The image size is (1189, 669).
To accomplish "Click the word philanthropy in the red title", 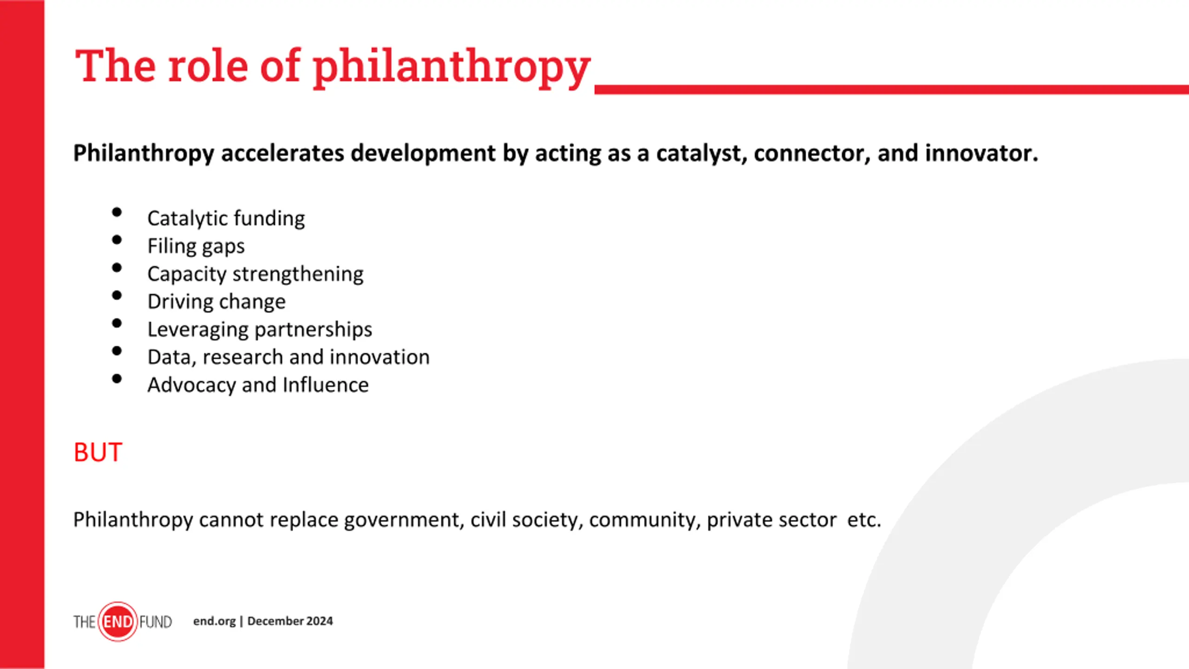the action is point(451,67).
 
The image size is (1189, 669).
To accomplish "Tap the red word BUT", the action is point(98,452).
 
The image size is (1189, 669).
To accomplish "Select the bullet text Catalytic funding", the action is point(226,218).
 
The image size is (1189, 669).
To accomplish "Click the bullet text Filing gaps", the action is point(196,246).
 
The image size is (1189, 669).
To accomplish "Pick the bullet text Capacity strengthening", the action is point(255,274).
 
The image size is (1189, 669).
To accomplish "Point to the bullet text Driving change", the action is point(216,302).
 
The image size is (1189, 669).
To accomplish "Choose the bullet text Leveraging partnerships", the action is point(260,330).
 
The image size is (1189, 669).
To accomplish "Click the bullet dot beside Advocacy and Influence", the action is point(117,379).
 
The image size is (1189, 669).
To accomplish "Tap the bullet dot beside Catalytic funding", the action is point(117,212).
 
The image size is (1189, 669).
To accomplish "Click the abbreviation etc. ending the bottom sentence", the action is point(864,520).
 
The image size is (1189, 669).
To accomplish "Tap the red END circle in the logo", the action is point(118,622).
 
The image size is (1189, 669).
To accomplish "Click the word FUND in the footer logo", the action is point(156,622).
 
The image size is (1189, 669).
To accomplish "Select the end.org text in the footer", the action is point(215,622).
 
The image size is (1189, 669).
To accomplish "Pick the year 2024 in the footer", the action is point(320,621).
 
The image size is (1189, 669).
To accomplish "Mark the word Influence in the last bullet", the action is point(326,385).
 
